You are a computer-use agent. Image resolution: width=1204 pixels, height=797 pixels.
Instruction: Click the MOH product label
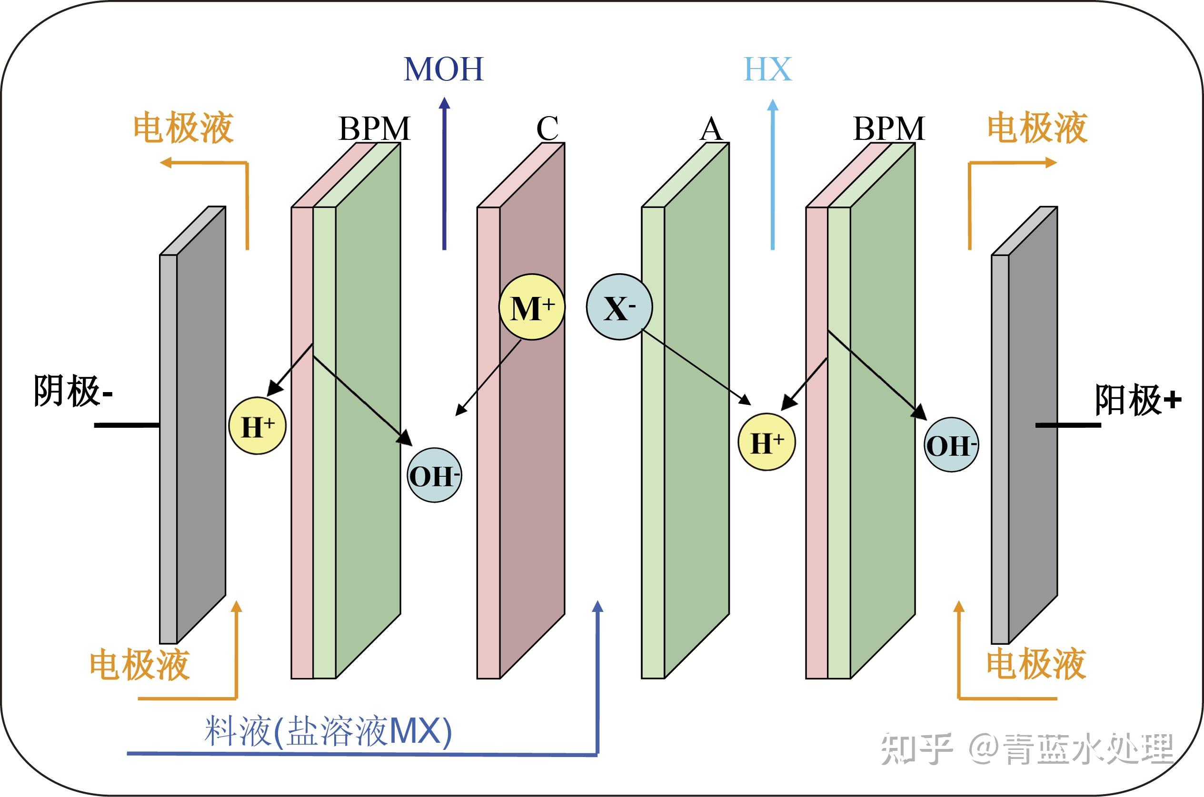pos(443,69)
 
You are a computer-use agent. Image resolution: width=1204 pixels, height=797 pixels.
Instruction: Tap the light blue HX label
pos(768,69)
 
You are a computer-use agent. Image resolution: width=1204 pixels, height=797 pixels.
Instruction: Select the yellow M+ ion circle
pos(531,307)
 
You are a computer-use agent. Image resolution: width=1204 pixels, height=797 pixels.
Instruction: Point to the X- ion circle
pos(619,307)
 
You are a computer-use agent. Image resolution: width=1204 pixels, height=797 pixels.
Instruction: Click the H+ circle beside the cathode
pos(257,426)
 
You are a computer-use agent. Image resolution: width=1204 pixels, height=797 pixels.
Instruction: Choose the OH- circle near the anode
pos(951,445)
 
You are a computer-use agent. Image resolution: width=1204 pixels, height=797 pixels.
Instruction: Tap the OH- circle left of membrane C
pos(434,476)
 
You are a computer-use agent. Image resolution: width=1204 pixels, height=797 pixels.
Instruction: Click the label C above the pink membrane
pos(547,128)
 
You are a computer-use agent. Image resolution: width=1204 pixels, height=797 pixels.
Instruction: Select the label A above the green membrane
pos(711,129)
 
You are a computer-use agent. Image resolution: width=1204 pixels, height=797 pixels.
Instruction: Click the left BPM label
pos(374,128)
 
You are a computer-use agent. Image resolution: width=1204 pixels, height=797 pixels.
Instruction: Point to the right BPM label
pos(889,128)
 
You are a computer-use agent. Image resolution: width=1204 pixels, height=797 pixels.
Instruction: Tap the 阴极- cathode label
pos(73,392)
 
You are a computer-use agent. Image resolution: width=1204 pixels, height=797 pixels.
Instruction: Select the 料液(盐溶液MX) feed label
pos(328,732)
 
